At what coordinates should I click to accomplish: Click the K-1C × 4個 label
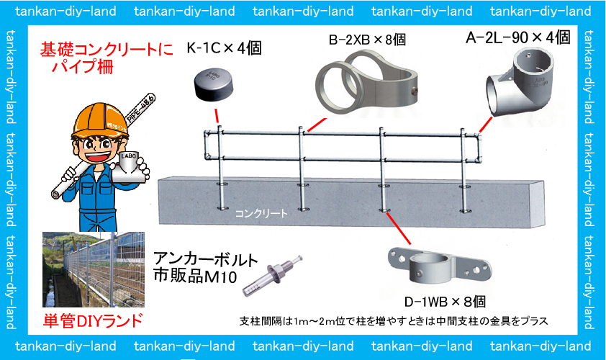pyautogui.click(x=224, y=48)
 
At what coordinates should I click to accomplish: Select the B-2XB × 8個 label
pyautogui.click(x=367, y=39)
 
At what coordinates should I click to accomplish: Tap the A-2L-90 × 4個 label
pyautogui.click(x=518, y=37)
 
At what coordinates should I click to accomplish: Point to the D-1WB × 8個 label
pyautogui.click(x=445, y=302)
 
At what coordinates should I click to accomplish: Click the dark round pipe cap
pyautogui.click(x=214, y=86)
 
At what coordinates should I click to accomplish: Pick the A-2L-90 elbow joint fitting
pyautogui.click(x=520, y=82)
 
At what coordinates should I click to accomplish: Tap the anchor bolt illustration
pyautogui.click(x=272, y=275)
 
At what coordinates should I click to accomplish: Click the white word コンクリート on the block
pyautogui.click(x=261, y=213)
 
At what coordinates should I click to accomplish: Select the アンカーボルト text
pyautogui.click(x=205, y=259)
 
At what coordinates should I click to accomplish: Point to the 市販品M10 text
pyautogui.click(x=195, y=276)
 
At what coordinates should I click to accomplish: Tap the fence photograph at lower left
pyautogui.click(x=93, y=269)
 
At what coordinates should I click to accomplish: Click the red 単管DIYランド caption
pyautogui.click(x=93, y=321)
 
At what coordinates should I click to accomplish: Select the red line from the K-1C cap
pyautogui.click(x=217, y=116)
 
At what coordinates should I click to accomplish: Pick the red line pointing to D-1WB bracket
pyautogui.click(x=399, y=228)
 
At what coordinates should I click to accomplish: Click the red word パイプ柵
pyautogui.click(x=82, y=66)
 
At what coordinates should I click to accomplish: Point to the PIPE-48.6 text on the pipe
pyautogui.click(x=140, y=109)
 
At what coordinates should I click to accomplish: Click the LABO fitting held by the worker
pyautogui.click(x=130, y=167)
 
